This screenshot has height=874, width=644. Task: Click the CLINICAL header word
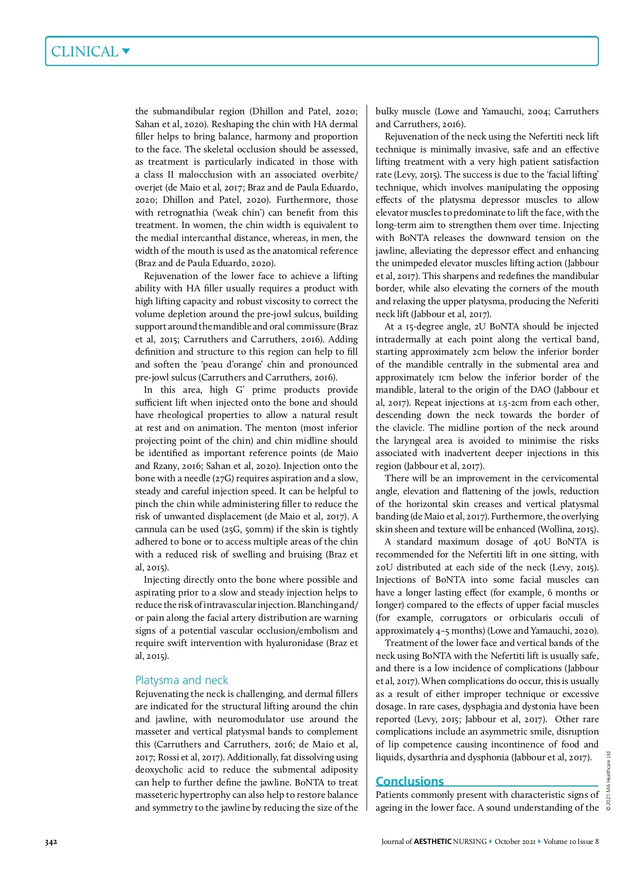click(84, 52)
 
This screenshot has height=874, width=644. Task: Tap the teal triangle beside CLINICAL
click(126, 51)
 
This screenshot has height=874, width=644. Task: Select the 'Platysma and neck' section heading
click(181, 680)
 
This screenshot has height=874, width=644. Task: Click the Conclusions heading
click(409, 781)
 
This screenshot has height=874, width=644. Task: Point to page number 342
click(51, 841)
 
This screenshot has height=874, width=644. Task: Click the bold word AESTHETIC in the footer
click(433, 841)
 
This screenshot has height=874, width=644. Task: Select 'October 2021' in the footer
click(515, 841)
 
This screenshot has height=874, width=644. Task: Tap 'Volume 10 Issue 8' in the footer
click(570, 841)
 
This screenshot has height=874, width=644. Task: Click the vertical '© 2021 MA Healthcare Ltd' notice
click(609, 781)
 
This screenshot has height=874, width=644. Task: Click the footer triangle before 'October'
click(491, 841)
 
